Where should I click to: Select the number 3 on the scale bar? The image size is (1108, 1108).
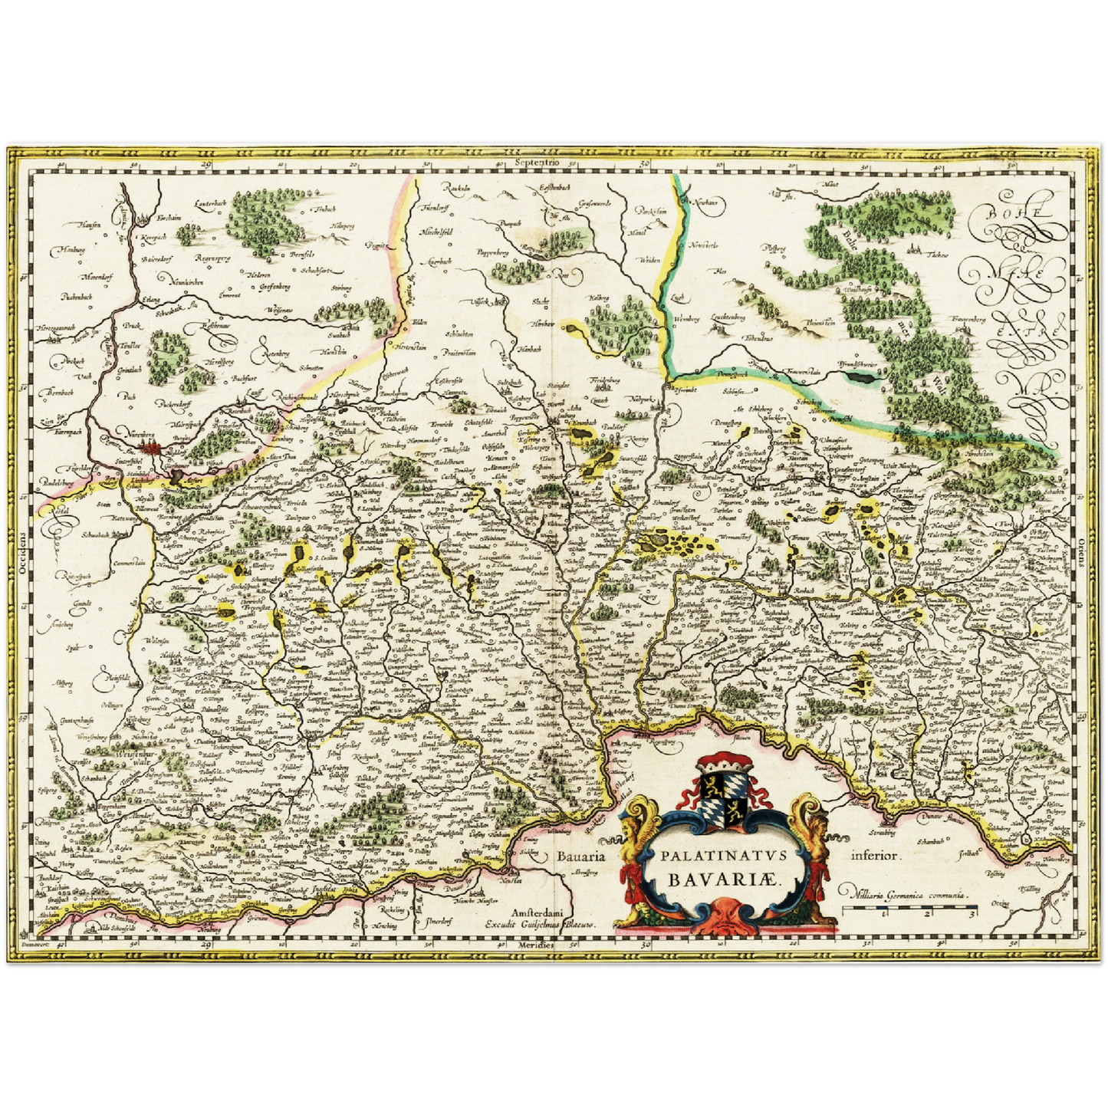click(972, 913)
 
